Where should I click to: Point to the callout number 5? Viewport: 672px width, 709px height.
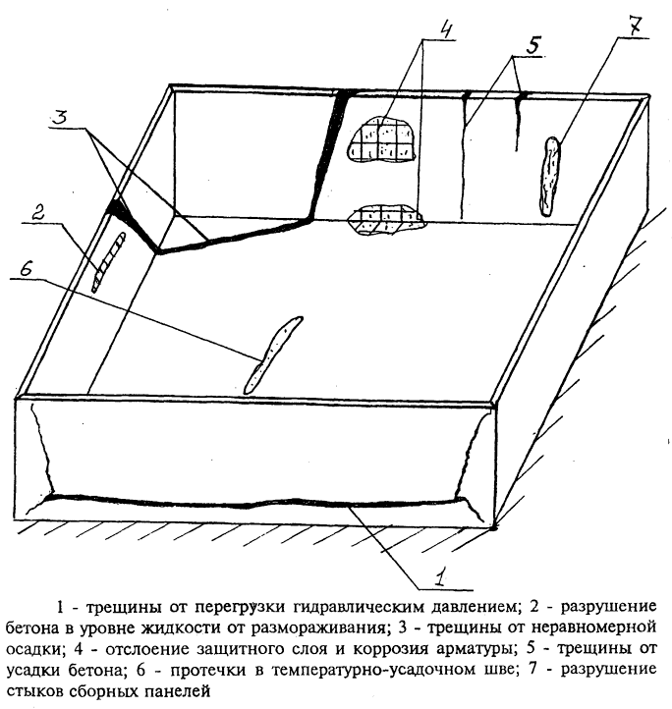click(532, 44)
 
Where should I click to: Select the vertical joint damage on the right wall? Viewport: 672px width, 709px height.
click(551, 176)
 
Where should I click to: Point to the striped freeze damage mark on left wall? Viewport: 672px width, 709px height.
click(107, 262)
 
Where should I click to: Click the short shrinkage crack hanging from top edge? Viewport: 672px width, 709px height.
click(518, 118)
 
